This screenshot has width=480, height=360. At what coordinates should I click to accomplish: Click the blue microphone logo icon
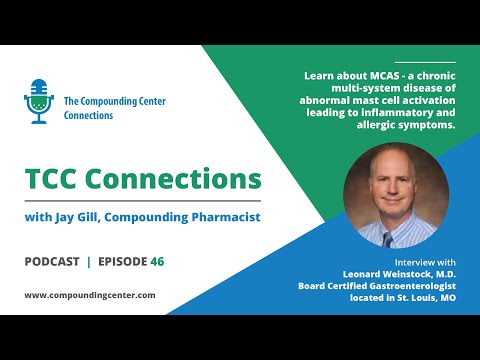pyautogui.click(x=38, y=100)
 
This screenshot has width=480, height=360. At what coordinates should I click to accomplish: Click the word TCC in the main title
pyautogui.click(x=58, y=181)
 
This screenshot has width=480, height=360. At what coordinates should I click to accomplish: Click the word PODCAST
pyautogui.click(x=51, y=262)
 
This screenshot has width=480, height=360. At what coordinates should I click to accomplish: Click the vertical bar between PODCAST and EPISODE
pyautogui.click(x=88, y=262)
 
